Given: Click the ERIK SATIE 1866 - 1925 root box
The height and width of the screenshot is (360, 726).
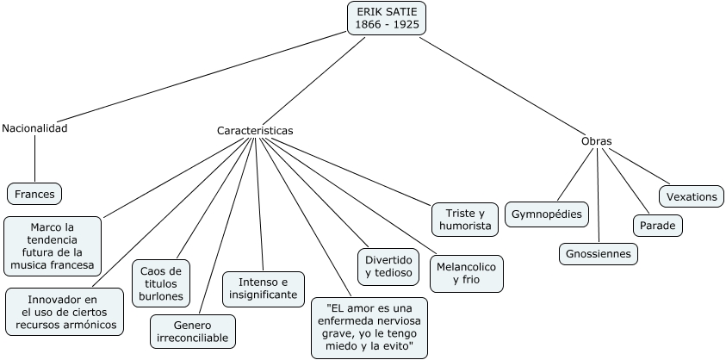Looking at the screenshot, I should [x=387, y=17].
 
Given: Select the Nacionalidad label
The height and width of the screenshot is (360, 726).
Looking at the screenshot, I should [x=34, y=128].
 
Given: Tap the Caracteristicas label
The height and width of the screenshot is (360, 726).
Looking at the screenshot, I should [x=255, y=131].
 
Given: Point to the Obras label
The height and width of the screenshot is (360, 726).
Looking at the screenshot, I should [x=597, y=140].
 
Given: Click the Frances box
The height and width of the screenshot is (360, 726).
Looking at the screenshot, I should [x=34, y=194].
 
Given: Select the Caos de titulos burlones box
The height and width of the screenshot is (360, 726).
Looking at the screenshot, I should [x=161, y=283].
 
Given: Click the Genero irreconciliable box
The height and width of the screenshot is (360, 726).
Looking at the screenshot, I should [x=193, y=331].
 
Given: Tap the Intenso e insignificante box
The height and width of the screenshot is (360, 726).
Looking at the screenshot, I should [x=264, y=287].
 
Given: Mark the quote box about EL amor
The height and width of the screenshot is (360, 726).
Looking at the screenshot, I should [x=369, y=326].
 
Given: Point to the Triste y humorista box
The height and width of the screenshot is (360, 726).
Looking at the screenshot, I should [x=465, y=220].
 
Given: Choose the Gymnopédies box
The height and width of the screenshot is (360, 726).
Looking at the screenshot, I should [x=547, y=214].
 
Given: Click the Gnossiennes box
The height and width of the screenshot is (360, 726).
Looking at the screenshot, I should [x=598, y=254].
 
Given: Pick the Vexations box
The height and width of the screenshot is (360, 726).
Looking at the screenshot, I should [x=691, y=196].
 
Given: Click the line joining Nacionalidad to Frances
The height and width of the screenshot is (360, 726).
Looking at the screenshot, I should [x=34, y=159].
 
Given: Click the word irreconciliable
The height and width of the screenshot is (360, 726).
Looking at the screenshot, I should [x=193, y=338].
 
